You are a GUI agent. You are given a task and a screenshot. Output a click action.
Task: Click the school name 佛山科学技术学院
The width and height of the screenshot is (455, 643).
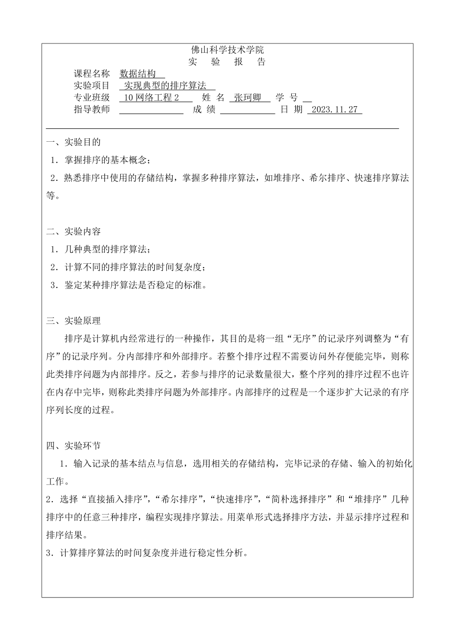(x=227, y=49)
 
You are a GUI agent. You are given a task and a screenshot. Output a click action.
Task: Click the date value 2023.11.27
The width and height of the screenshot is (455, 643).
(x=335, y=110)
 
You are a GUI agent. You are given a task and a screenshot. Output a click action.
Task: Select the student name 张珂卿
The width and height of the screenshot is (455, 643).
(x=250, y=98)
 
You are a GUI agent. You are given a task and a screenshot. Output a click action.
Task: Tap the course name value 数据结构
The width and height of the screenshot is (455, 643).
(x=141, y=74)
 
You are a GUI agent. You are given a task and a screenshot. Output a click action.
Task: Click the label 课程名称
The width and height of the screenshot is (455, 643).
(x=91, y=74)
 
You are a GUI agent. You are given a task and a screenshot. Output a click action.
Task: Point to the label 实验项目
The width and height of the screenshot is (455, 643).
(x=91, y=86)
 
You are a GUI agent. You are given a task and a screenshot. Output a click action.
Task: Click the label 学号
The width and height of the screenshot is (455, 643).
(x=287, y=98)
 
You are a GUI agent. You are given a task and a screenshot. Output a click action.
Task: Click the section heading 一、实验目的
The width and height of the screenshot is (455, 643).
(x=74, y=142)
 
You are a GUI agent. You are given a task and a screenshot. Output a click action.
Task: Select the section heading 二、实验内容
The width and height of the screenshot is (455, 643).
(x=74, y=232)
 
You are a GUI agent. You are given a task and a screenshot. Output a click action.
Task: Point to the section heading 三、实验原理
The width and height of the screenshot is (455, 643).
(x=74, y=321)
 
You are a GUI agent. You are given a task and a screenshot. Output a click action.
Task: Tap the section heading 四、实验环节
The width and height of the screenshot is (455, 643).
(x=74, y=445)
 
